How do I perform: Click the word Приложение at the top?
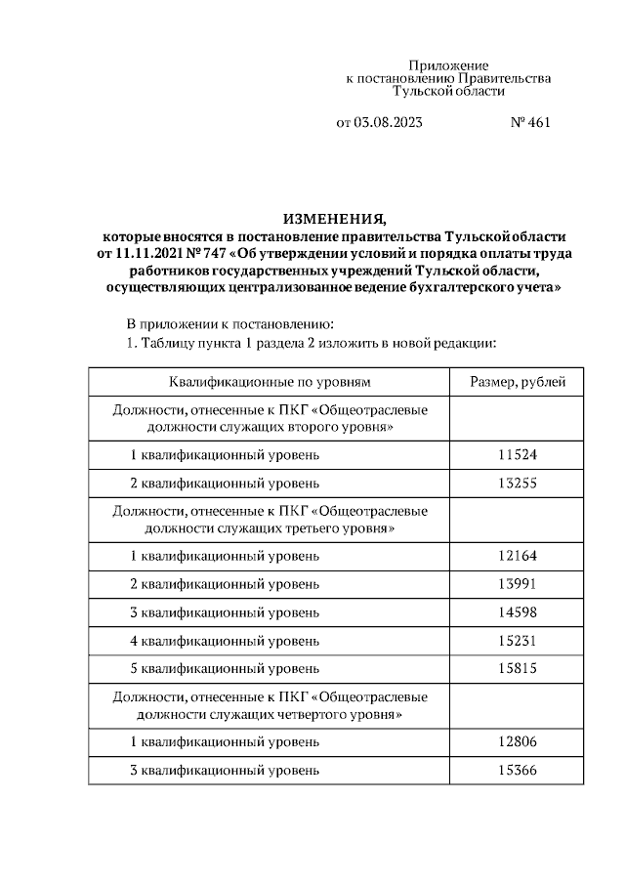click(448, 63)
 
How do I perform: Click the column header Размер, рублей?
click(518, 382)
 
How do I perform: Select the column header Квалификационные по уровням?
click(270, 382)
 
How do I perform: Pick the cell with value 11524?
click(518, 455)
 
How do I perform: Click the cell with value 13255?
click(518, 484)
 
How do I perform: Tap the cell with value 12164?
click(518, 556)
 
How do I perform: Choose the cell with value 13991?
click(518, 584)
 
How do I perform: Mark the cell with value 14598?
click(518, 612)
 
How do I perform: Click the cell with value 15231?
click(518, 641)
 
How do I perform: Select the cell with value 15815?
click(518, 669)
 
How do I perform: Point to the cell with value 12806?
click(518, 742)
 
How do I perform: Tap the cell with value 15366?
click(518, 771)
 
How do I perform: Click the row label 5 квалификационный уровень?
click(225, 669)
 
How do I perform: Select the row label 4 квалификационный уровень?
click(225, 641)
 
